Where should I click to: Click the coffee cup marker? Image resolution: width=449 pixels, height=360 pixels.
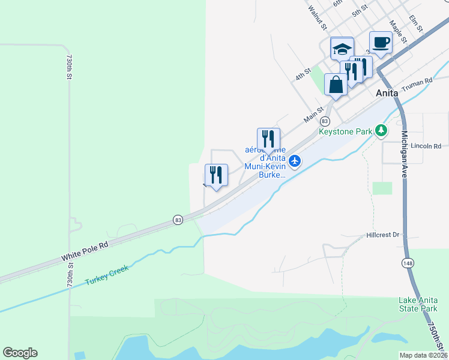[381, 43]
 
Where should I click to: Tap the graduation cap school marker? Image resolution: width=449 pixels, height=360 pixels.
[342, 49]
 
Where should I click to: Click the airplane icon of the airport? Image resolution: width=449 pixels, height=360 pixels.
[294, 161]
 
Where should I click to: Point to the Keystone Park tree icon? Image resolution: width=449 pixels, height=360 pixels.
[380, 130]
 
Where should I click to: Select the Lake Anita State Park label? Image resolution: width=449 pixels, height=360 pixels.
[418, 304]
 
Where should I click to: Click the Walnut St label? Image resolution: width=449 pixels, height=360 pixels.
[316, 18]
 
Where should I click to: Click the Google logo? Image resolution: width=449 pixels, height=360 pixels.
[20, 353]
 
